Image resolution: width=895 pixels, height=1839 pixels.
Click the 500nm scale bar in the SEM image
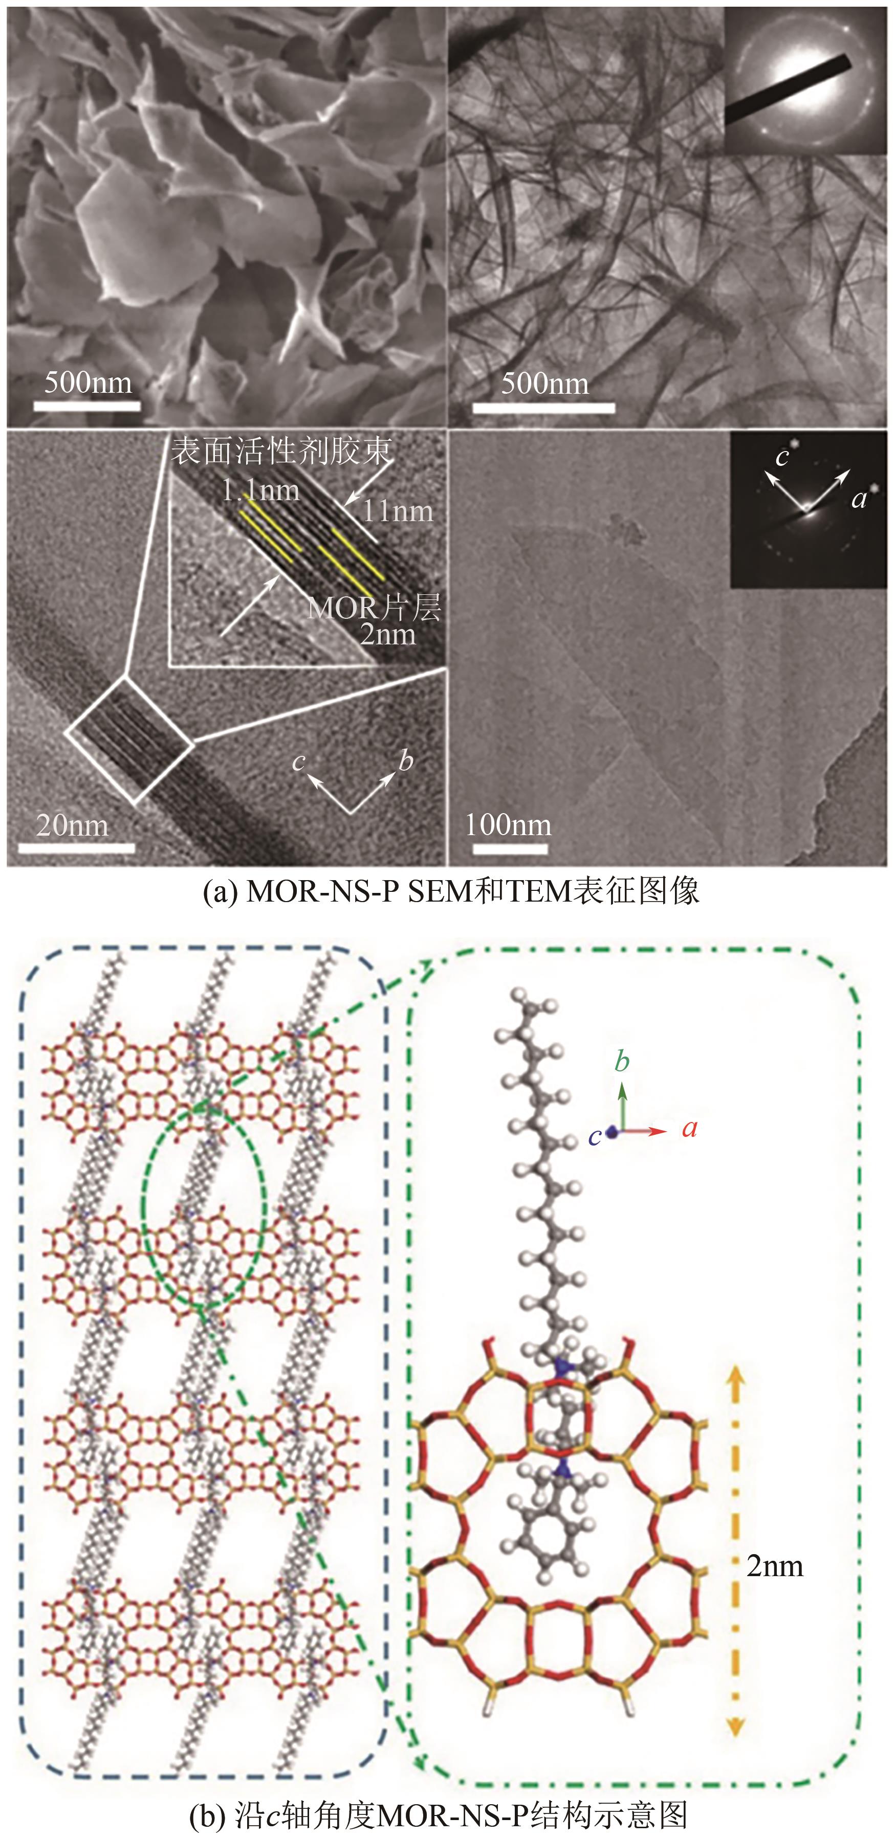[x=86, y=406]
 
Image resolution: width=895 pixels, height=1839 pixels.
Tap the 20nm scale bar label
[x=72, y=825]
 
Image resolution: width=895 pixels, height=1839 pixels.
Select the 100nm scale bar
[x=510, y=848]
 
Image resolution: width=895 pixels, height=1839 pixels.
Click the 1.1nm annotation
[x=260, y=490]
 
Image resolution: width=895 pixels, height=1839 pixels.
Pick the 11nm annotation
[x=398, y=511]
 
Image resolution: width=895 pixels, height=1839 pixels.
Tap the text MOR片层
[x=374, y=608]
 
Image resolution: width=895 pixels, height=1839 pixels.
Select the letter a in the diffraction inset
[x=859, y=499]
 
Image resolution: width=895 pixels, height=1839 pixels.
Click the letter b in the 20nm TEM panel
[x=406, y=761]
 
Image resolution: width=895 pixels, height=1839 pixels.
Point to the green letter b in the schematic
[x=622, y=1062]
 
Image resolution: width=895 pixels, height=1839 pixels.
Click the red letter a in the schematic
[x=689, y=1129]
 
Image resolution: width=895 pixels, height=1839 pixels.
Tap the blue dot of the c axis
[x=612, y=1132]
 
